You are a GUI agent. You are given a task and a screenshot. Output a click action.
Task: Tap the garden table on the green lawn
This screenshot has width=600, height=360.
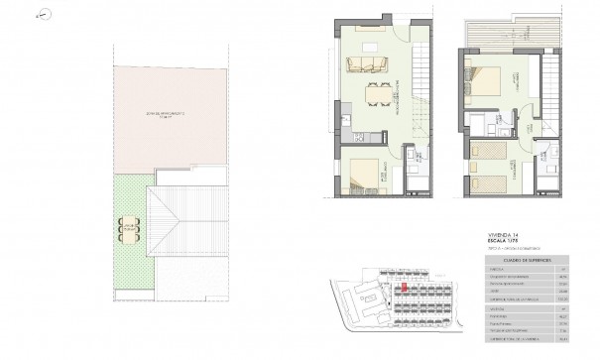point(127,228)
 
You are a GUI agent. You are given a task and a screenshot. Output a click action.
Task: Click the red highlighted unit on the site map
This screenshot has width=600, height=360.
point(406,291)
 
